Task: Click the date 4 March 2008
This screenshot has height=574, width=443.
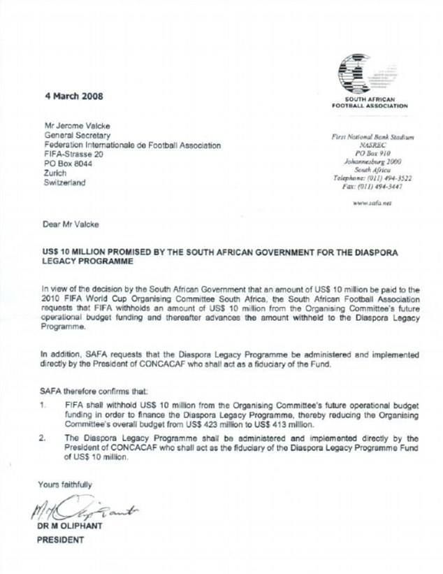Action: point(70,96)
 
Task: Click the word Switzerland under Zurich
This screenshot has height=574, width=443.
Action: point(65,183)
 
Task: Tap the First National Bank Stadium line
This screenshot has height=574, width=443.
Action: point(372,138)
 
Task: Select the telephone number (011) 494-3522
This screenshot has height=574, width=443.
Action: point(389,178)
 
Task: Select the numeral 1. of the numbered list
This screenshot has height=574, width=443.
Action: point(43,403)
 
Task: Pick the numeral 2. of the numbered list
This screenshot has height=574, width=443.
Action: point(43,438)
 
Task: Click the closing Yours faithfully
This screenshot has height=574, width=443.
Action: point(65,484)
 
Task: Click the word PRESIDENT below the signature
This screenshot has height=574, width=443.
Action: point(60,539)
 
